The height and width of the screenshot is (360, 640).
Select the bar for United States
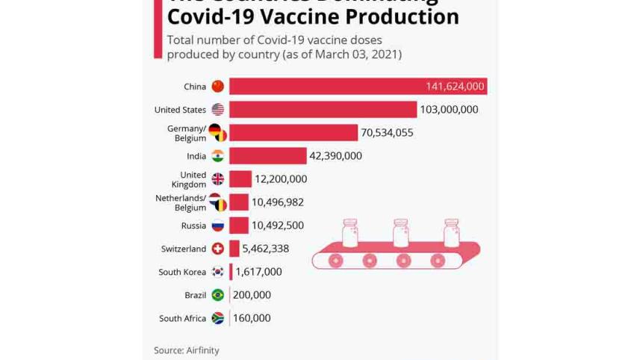coord(323,110)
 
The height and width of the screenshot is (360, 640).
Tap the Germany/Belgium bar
coord(293,133)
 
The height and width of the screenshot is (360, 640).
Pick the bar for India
coord(267,156)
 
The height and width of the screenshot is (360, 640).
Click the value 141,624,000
coord(455,87)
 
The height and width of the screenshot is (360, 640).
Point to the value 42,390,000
coord(335,156)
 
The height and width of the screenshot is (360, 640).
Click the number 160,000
coord(252,318)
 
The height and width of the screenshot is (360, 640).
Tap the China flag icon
coord(217,87)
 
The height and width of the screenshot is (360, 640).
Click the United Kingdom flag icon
coord(217,179)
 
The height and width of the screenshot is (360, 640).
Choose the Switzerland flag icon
coord(217,249)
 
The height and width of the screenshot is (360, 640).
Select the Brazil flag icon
coord(217,295)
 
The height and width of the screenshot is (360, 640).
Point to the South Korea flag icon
coord(217,272)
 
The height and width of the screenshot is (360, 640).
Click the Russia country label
coord(193,226)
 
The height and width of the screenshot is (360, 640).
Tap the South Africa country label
coord(182,318)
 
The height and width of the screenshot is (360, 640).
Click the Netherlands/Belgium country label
coord(181,202)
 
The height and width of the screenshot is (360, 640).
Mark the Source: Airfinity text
coord(187,350)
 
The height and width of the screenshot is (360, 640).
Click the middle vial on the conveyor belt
coord(401,233)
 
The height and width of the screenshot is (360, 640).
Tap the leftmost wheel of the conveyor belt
coord(335,261)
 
